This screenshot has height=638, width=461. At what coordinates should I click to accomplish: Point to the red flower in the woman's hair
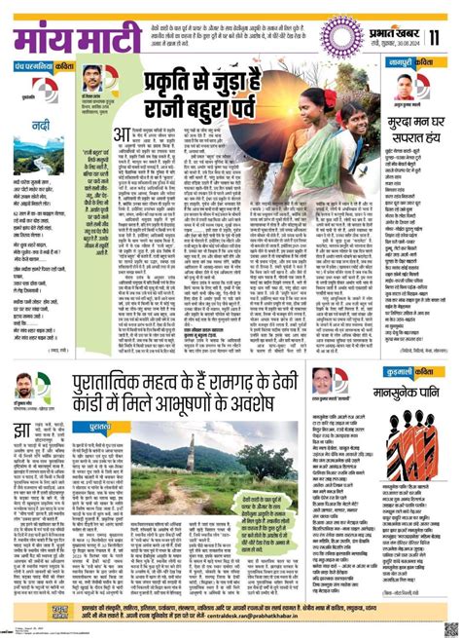328,95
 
